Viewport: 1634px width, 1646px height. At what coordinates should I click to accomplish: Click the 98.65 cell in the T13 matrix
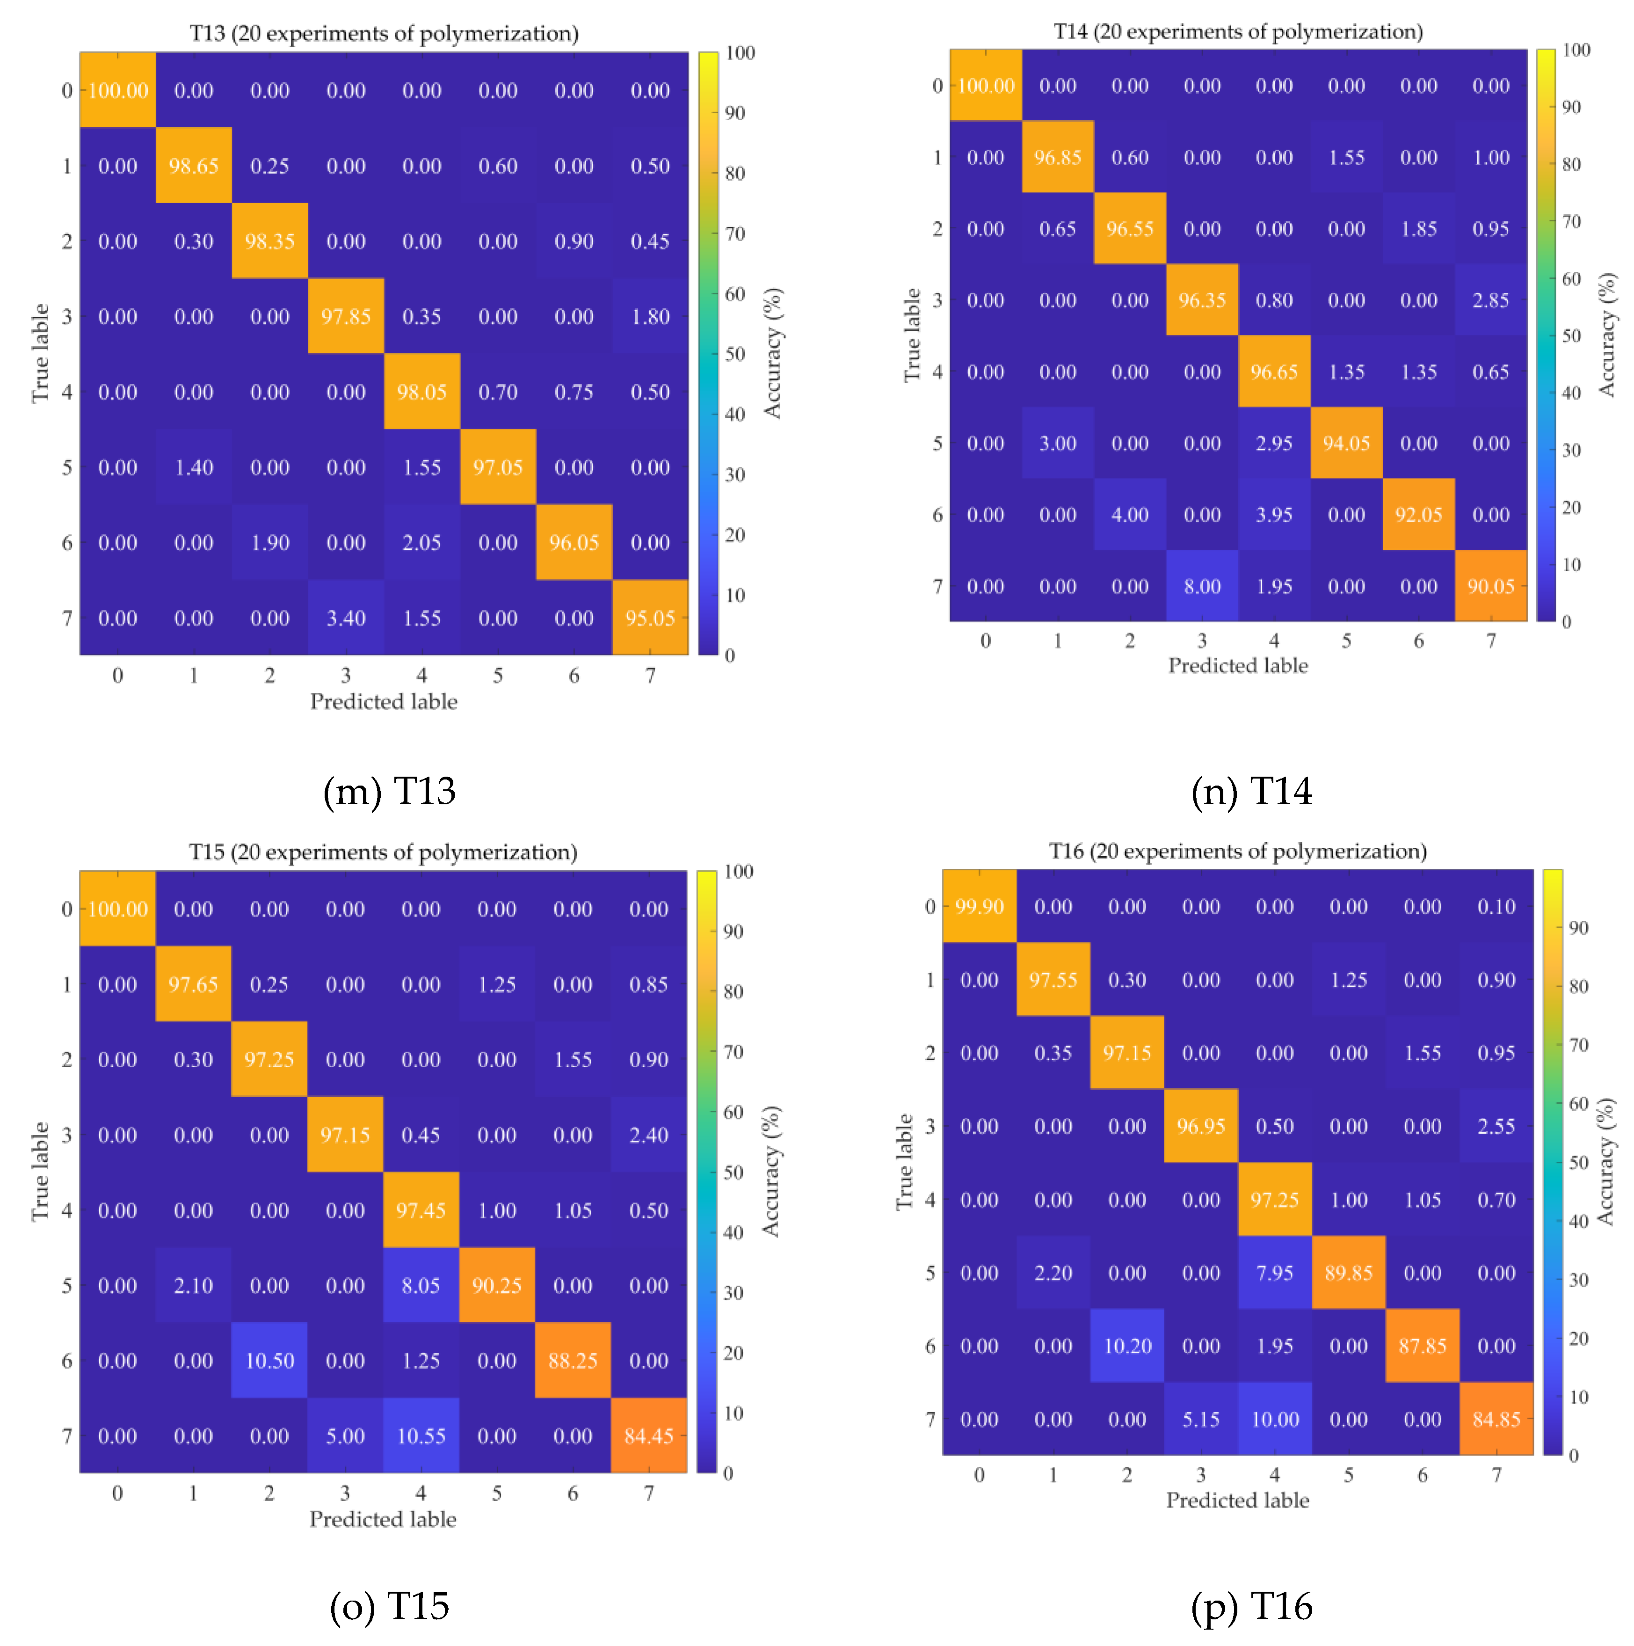pos(193,166)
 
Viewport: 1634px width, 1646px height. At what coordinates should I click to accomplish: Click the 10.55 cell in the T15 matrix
pos(421,1436)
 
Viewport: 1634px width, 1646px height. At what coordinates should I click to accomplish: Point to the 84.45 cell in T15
pos(648,1436)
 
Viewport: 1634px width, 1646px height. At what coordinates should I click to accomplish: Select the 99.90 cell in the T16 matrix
pos(979,906)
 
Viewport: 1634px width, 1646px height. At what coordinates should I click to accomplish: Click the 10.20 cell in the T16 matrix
pos(1126,1346)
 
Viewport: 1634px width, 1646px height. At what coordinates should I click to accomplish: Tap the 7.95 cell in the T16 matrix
pos(1274,1273)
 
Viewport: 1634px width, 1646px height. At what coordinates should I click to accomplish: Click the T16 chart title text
pos(1237,851)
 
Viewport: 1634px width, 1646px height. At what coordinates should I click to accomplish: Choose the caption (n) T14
pos(1250,792)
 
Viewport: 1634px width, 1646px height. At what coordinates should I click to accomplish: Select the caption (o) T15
pos(389,1606)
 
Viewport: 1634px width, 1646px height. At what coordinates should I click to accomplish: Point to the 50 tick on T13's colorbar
pos(734,354)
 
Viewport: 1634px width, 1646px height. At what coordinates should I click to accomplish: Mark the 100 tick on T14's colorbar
pos(1576,50)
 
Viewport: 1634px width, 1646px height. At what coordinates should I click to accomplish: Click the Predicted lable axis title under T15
pos(383,1519)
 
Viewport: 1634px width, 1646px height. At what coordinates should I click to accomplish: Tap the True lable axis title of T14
pos(912,335)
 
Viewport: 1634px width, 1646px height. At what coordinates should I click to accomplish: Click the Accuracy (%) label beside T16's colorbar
pos(1605,1161)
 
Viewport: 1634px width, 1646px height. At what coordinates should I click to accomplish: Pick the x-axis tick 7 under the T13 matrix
pos(650,676)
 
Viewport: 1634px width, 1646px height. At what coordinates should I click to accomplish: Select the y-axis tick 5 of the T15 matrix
pos(66,1286)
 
